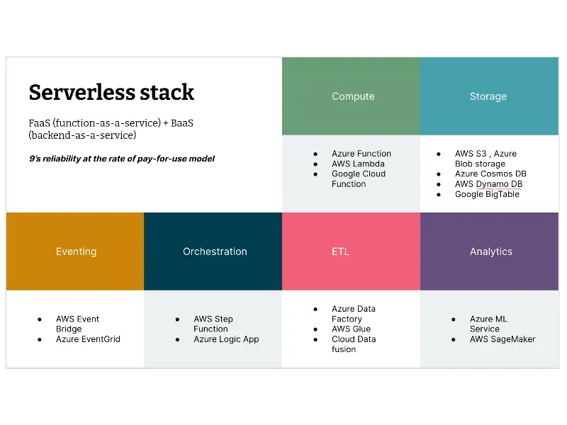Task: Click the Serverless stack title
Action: pyautogui.click(x=111, y=92)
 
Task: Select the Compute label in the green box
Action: pyautogui.click(x=353, y=96)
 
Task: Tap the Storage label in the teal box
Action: pyautogui.click(x=488, y=96)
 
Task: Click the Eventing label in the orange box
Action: pyautogui.click(x=76, y=251)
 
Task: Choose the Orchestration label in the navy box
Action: pyautogui.click(x=215, y=251)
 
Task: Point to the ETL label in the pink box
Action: pyautogui.click(x=340, y=251)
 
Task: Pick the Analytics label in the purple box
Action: pyautogui.click(x=490, y=251)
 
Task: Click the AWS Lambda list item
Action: pyautogui.click(x=358, y=164)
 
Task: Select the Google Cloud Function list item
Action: pyautogui.click(x=359, y=178)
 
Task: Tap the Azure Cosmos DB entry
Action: pyautogui.click(x=490, y=174)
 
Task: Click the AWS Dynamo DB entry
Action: pyautogui.click(x=488, y=184)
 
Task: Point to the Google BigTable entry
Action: pyautogui.click(x=487, y=194)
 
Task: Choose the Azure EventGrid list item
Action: pyautogui.click(x=88, y=339)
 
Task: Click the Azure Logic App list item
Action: pyautogui.click(x=226, y=339)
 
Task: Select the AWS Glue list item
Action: pyautogui.click(x=351, y=329)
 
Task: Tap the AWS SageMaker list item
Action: pyautogui.click(x=503, y=339)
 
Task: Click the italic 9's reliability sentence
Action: pyautogui.click(x=121, y=159)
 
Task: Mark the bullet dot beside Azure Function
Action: pyautogui.click(x=316, y=154)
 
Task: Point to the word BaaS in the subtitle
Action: pyautogui.click(x=181, y=123)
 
